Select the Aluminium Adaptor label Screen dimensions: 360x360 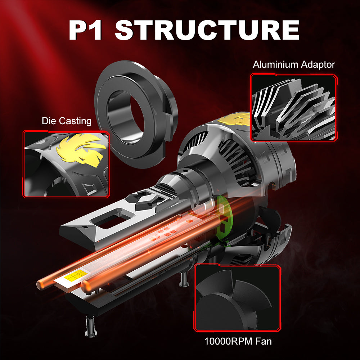tap(294, 65)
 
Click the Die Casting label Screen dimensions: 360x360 tap(67, 121)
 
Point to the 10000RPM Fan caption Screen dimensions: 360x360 tap(238, 341)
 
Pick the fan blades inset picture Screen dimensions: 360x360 tap(237, 298)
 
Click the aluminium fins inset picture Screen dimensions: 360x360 tap(294, 107)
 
